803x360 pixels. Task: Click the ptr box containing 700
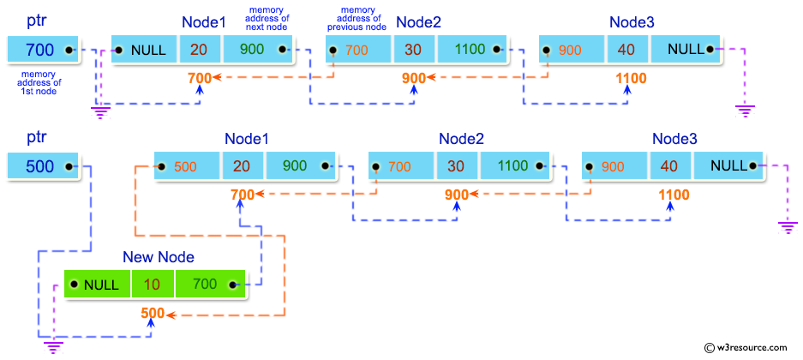[x=43, y=50]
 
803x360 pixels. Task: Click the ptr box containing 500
[x=43, y=166]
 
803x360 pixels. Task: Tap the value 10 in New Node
[x=153, y=285]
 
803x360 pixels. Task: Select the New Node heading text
[x=159, y=257]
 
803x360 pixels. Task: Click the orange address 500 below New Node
[x=153, y=314]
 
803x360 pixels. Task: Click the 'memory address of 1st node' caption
[x=39, y=83]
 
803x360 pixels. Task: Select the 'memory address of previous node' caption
[x=357, y=20]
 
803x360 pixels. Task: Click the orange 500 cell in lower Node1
[x=187, y=166]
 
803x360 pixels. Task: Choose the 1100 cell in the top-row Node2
[x=470, y=50]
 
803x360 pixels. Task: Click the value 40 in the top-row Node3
[x=626, y=50]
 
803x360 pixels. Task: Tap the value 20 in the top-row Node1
[x=200, y=50]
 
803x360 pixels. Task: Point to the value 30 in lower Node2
[x=457, y=166]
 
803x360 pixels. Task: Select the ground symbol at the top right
[x=744, y=110]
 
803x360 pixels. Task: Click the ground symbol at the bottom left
[x=55, y=346]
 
